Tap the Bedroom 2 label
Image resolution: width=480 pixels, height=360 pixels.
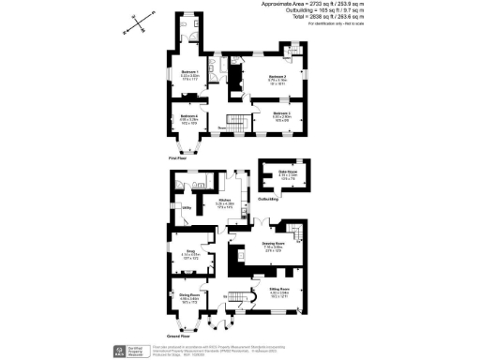pyautogui.click(x=275, y=77)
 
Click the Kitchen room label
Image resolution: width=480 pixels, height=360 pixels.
pyautogui.click(x=225, y=202)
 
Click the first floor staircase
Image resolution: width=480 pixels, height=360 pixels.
pyautogui.click(x=241, y=122)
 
